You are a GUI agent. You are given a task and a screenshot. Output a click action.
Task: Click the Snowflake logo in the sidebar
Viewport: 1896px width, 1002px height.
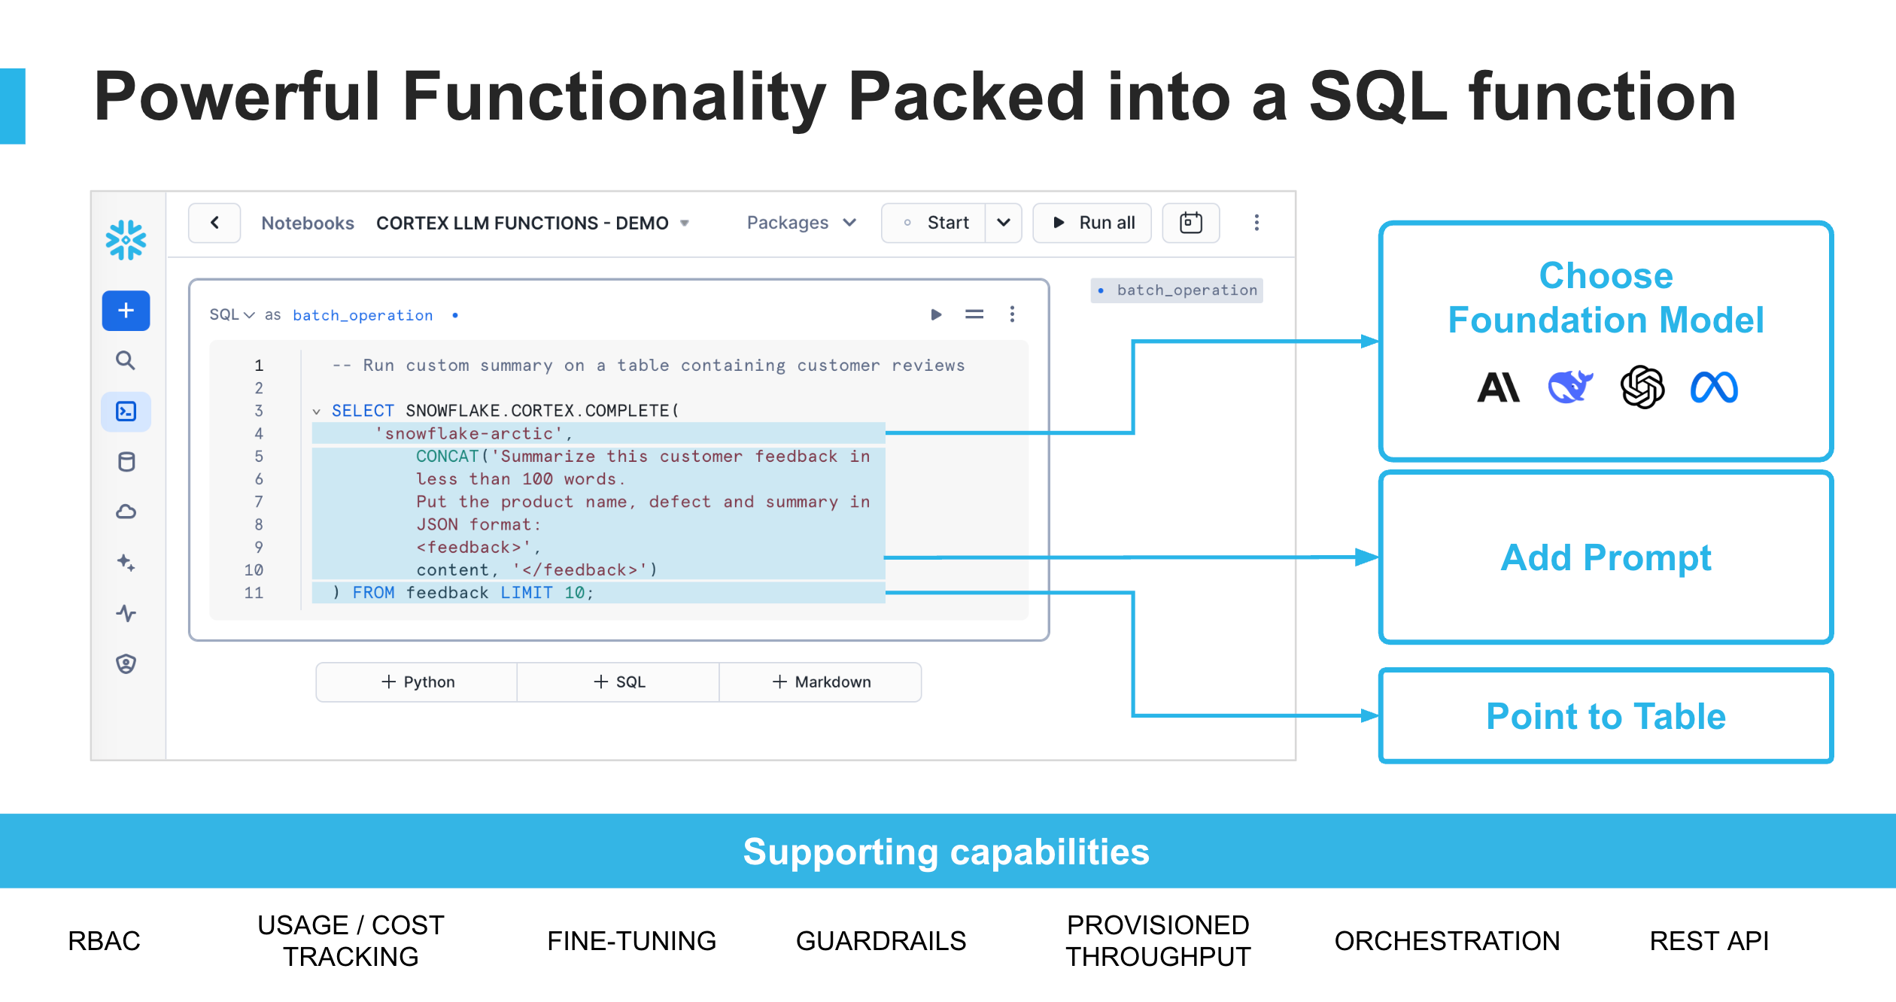pos(126,240)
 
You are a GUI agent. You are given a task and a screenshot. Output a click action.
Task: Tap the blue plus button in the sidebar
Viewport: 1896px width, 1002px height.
pos(126,311)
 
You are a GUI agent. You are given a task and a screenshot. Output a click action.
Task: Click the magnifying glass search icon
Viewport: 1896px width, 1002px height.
pos(126,361)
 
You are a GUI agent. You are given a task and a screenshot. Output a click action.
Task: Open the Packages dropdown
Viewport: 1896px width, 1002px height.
pos(801,223)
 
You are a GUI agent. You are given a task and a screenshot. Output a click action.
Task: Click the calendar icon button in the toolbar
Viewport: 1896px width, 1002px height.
pos(1190,223)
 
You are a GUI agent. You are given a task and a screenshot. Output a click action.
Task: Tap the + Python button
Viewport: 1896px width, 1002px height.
pos(418,682)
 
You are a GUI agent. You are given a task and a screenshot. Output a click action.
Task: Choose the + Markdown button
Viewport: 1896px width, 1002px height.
pos(821,682)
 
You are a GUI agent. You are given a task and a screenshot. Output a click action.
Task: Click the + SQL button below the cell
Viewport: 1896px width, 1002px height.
pos(619,682)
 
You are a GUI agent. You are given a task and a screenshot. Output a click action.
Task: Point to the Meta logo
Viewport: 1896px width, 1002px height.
pos(1714,387)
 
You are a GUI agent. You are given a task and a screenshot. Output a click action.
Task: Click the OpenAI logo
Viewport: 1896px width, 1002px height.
pos(1642,387)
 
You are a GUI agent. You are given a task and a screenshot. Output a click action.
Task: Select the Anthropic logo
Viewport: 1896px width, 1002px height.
pos(1498,387)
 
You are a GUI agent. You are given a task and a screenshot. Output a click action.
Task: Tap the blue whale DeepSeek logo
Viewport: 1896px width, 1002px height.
pos(1570,387)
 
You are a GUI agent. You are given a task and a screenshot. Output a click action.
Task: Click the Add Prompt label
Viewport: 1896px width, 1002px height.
pos(1606,558)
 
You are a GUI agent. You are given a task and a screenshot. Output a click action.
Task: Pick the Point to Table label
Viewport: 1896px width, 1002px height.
pos(1606,716)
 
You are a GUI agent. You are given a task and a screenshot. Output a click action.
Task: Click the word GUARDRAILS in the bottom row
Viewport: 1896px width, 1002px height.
pos(880,941)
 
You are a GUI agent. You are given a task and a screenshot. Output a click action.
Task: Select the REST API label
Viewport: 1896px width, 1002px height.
pos(1709,941)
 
